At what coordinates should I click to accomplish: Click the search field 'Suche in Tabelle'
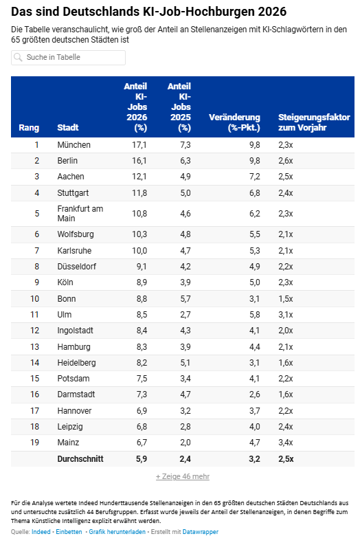[x=68, y=58]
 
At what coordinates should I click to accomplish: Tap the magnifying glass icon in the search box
[x=18, y=57]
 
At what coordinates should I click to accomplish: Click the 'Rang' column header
[x=29, y=128]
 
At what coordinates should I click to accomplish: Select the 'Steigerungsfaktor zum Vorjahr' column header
[x=314, y=122]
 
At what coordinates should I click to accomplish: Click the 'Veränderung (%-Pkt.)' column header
[x=234, y=122]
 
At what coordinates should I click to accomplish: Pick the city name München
[x=74, y=145]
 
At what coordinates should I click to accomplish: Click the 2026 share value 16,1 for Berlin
[x=139, y=161]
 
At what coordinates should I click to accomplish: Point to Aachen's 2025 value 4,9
[x=185, y=177]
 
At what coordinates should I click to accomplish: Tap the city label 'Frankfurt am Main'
[x=80, y=214]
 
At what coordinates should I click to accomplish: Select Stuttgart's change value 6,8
[x=255, y=193]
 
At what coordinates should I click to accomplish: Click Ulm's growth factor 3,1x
[x=286, y=315]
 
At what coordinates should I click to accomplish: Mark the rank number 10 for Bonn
[x=35, y=299]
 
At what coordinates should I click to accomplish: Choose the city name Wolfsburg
[x=76, y=234]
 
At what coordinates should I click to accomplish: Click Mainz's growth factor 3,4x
[x=286, y=443]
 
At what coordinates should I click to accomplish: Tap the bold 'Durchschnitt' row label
[x=80, y=459]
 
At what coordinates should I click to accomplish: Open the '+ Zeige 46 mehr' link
[x=183, y=476]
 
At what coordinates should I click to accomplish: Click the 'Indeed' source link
[x=41, y=532]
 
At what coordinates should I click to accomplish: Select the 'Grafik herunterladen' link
[x=117, y=532]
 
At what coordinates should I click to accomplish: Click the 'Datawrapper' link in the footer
[x=201, y=532]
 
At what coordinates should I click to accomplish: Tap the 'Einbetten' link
[x=69, y=532]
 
